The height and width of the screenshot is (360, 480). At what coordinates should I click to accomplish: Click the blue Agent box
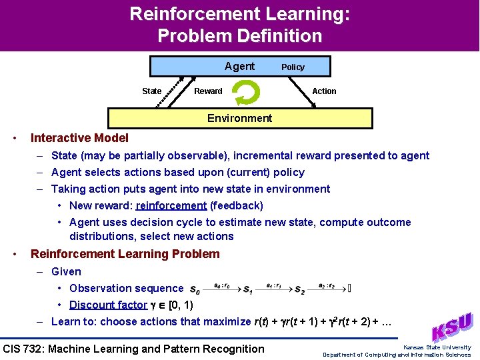[230, 66]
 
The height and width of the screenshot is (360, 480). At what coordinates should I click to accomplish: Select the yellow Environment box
[239, 118]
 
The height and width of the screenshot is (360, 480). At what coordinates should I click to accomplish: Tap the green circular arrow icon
[246, 92]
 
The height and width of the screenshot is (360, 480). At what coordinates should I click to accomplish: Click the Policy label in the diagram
[293, 67]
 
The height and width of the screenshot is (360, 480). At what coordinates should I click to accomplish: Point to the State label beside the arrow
[151, 91]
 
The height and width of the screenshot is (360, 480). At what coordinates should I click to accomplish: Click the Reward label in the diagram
[208, 91]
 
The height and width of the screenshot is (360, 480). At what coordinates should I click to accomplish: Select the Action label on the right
[324, 91]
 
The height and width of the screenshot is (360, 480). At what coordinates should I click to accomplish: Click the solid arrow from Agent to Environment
[307, 92]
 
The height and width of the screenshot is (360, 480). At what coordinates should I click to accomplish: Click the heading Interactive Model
[79, 138]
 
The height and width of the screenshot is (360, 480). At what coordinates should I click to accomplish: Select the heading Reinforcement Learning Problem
[125, 254]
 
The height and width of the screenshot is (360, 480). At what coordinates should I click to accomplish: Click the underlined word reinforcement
[171, 205]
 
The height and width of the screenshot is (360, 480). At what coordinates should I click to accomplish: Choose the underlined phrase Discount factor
[108, 305]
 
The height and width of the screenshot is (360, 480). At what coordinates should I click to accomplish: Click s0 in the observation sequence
[195, 290]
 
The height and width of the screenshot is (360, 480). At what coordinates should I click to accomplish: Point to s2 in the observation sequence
[299, 290]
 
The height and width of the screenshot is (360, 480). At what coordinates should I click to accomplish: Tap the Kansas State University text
[437, 347]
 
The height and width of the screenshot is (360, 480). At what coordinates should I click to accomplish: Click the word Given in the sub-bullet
[66, 271]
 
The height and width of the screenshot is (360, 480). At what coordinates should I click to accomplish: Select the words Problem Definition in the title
[239, 35]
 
